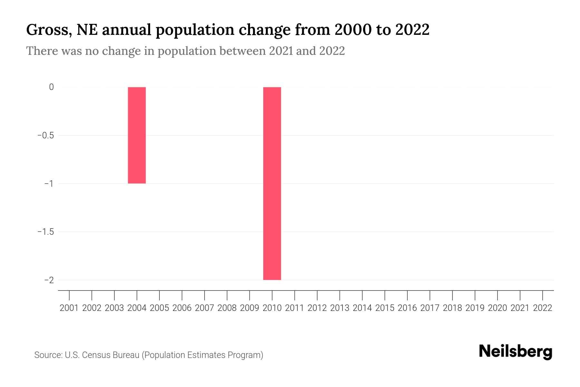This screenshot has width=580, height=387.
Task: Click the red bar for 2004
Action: click(x=137, y=135)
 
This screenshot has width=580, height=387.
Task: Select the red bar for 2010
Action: click(x=272, y=183)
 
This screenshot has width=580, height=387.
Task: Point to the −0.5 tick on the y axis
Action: click(x=45, y=135)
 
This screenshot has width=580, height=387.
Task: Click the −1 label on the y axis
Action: click(x=49, y=184)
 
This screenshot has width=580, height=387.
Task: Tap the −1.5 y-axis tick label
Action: click(x=45, y=232)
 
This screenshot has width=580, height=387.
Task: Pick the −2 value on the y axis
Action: click(x=49, y=280)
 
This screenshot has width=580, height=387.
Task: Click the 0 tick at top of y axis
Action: click(x=51, y=87)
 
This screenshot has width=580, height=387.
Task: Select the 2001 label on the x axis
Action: click(x=69, y=308)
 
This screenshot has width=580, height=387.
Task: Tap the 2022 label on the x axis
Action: click(x=543, y=308)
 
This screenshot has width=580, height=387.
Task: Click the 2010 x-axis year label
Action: click(x=272, y=308)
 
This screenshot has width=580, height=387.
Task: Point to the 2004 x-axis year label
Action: click(x=137, y=308)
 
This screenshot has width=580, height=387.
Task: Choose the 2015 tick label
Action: click(x=385, y=308)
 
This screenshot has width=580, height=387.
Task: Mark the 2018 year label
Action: click(x=452, y=308)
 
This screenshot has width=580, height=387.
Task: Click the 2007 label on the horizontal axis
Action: click(x=204, y=308)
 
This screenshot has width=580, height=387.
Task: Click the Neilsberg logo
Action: click(x=516, y=352)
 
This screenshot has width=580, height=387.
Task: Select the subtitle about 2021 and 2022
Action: click(x=185, y=51)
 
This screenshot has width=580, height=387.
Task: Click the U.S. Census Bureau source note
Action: click(x=149, y=355)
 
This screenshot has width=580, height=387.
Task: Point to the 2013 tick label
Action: click(x=340, y=308)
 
